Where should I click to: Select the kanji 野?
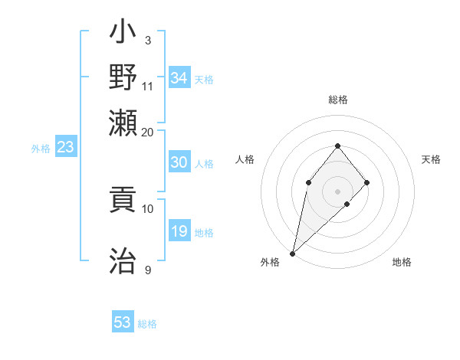point(123,77)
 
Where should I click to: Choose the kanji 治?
point(123,260)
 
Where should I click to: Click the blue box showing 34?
point(179,78)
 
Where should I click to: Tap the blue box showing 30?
point(179,163)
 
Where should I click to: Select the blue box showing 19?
point(179,232)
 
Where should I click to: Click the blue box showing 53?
point(123,322)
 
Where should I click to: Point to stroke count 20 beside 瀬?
point(147,132)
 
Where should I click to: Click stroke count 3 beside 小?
point(147,40)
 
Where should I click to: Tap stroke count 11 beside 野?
point(147,86)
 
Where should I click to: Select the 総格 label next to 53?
point(148,324)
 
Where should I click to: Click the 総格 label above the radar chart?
point(337,100)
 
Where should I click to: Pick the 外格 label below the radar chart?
point(269,263)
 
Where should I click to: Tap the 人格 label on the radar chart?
point(245,159)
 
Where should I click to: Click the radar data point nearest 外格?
point(292,253)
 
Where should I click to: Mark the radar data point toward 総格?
point(337,146)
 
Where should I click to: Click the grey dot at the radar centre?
point(337,191)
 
